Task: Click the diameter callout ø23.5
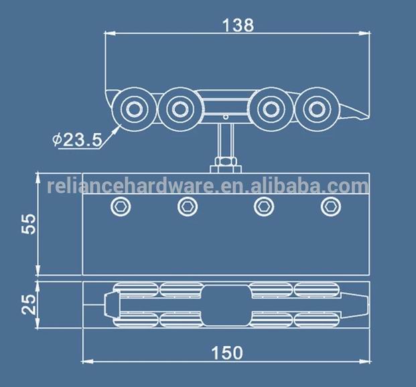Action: click(x=77, y=139)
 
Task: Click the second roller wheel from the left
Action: click(x=178, y=107)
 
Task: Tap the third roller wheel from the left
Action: click(x=269, y=107)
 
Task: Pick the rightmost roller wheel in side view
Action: click(x=312, y=107)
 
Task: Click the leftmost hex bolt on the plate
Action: click(x=119, y=206)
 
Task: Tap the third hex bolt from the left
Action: click(x=263, y=206)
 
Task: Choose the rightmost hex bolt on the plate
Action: click(x=330, y=206)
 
